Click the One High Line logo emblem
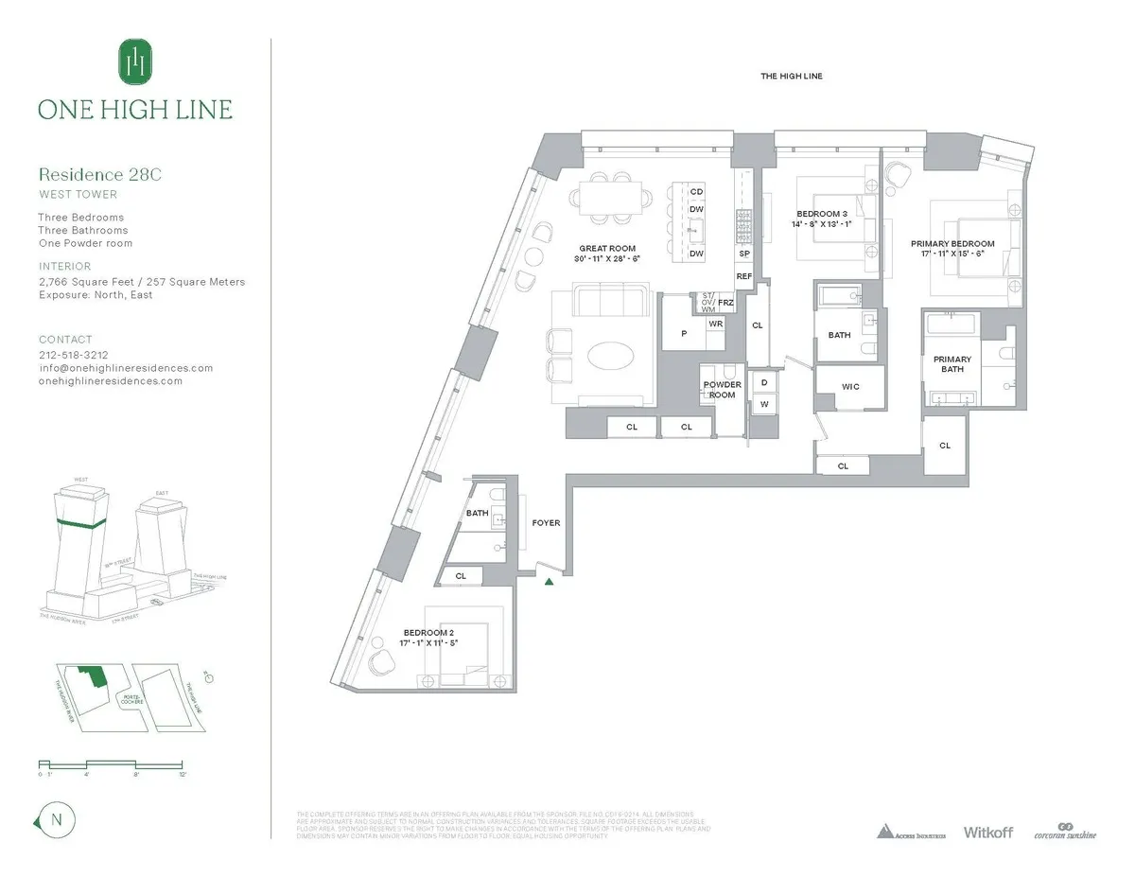tap(135, 61)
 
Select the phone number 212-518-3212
tap(74, 355)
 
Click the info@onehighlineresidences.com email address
tap(125, 368)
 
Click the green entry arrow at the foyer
tap(548, 581)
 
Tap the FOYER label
tap(546, 522)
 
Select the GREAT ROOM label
tap(606, 249)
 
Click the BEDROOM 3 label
tap(816, 215)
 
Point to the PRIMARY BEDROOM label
tap(946, 243)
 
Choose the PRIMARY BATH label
tap(952, 364)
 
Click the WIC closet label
tap(849, 386)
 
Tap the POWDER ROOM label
tap(722, 390)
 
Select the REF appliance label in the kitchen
tap(744, 276)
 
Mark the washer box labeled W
tap(763, 405)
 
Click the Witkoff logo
tap(987, 833)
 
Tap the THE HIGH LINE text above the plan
tap(791, 77)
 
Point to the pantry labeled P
tap(683, 333)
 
